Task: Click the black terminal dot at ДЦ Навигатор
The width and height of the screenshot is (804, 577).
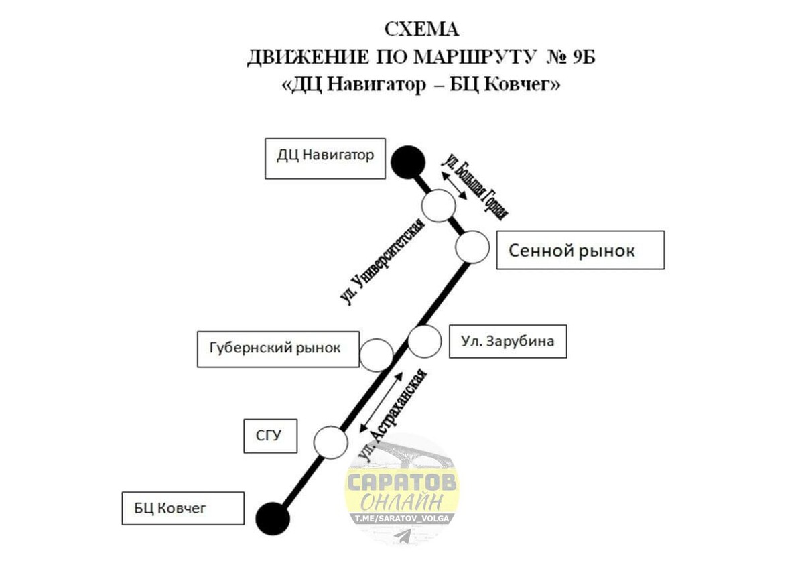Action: [407, 162]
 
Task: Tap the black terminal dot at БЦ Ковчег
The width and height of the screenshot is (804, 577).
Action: [273, 518]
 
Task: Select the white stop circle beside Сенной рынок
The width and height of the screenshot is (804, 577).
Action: [472, 247]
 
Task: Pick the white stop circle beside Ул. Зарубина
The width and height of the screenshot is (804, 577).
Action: [424, 340]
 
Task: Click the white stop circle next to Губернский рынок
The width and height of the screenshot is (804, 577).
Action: [376, 355]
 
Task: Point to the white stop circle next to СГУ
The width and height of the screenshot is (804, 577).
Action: [331, 442]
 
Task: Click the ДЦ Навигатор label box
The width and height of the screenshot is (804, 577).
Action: [325, 158]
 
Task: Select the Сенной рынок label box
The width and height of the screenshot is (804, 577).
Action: [580, 250]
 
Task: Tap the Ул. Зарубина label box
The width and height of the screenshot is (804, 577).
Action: [507, 341]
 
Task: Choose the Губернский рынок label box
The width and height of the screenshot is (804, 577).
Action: [278, 348]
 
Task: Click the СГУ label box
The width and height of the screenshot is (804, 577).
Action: [269, 436]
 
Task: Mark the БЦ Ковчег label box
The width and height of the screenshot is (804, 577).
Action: [183, 508]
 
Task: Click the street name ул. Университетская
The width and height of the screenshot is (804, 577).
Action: [383, 262]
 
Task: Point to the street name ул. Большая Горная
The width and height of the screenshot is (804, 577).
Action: [475, 186]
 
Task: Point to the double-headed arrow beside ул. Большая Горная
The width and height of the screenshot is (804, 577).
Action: [455, 184]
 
